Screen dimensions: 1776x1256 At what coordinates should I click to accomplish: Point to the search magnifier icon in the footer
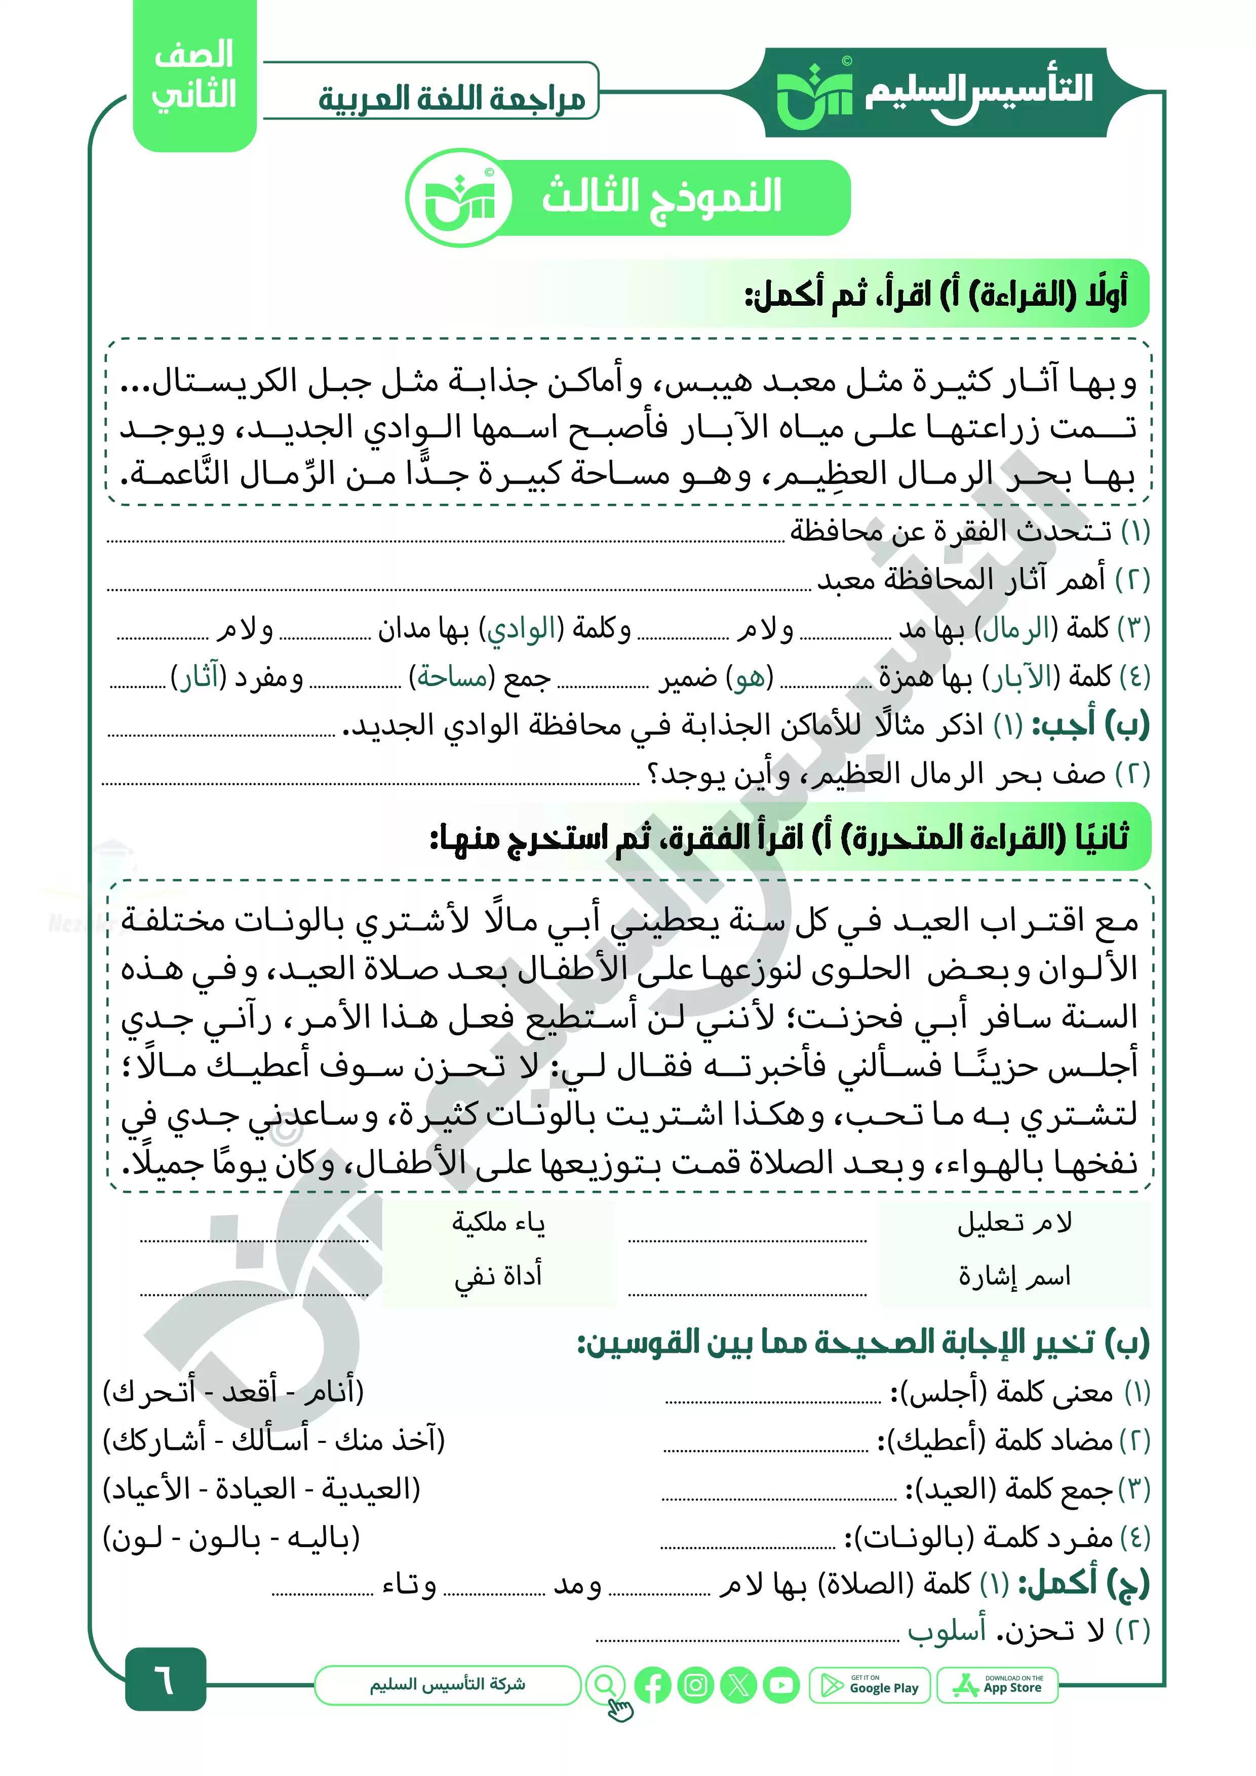606,1685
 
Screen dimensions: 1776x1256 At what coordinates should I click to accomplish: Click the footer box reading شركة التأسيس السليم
447,1685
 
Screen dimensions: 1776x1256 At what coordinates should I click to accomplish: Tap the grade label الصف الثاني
194,76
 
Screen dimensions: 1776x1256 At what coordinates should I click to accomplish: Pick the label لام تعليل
1014,1223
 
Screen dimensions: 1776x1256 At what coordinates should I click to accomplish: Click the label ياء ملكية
499,1223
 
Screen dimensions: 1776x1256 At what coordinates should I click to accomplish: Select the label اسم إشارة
1014,1275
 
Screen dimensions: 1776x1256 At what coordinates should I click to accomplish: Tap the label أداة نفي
499,1275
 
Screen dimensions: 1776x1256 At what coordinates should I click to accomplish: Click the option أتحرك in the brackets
151,1392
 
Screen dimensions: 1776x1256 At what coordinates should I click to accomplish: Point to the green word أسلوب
947,1631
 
